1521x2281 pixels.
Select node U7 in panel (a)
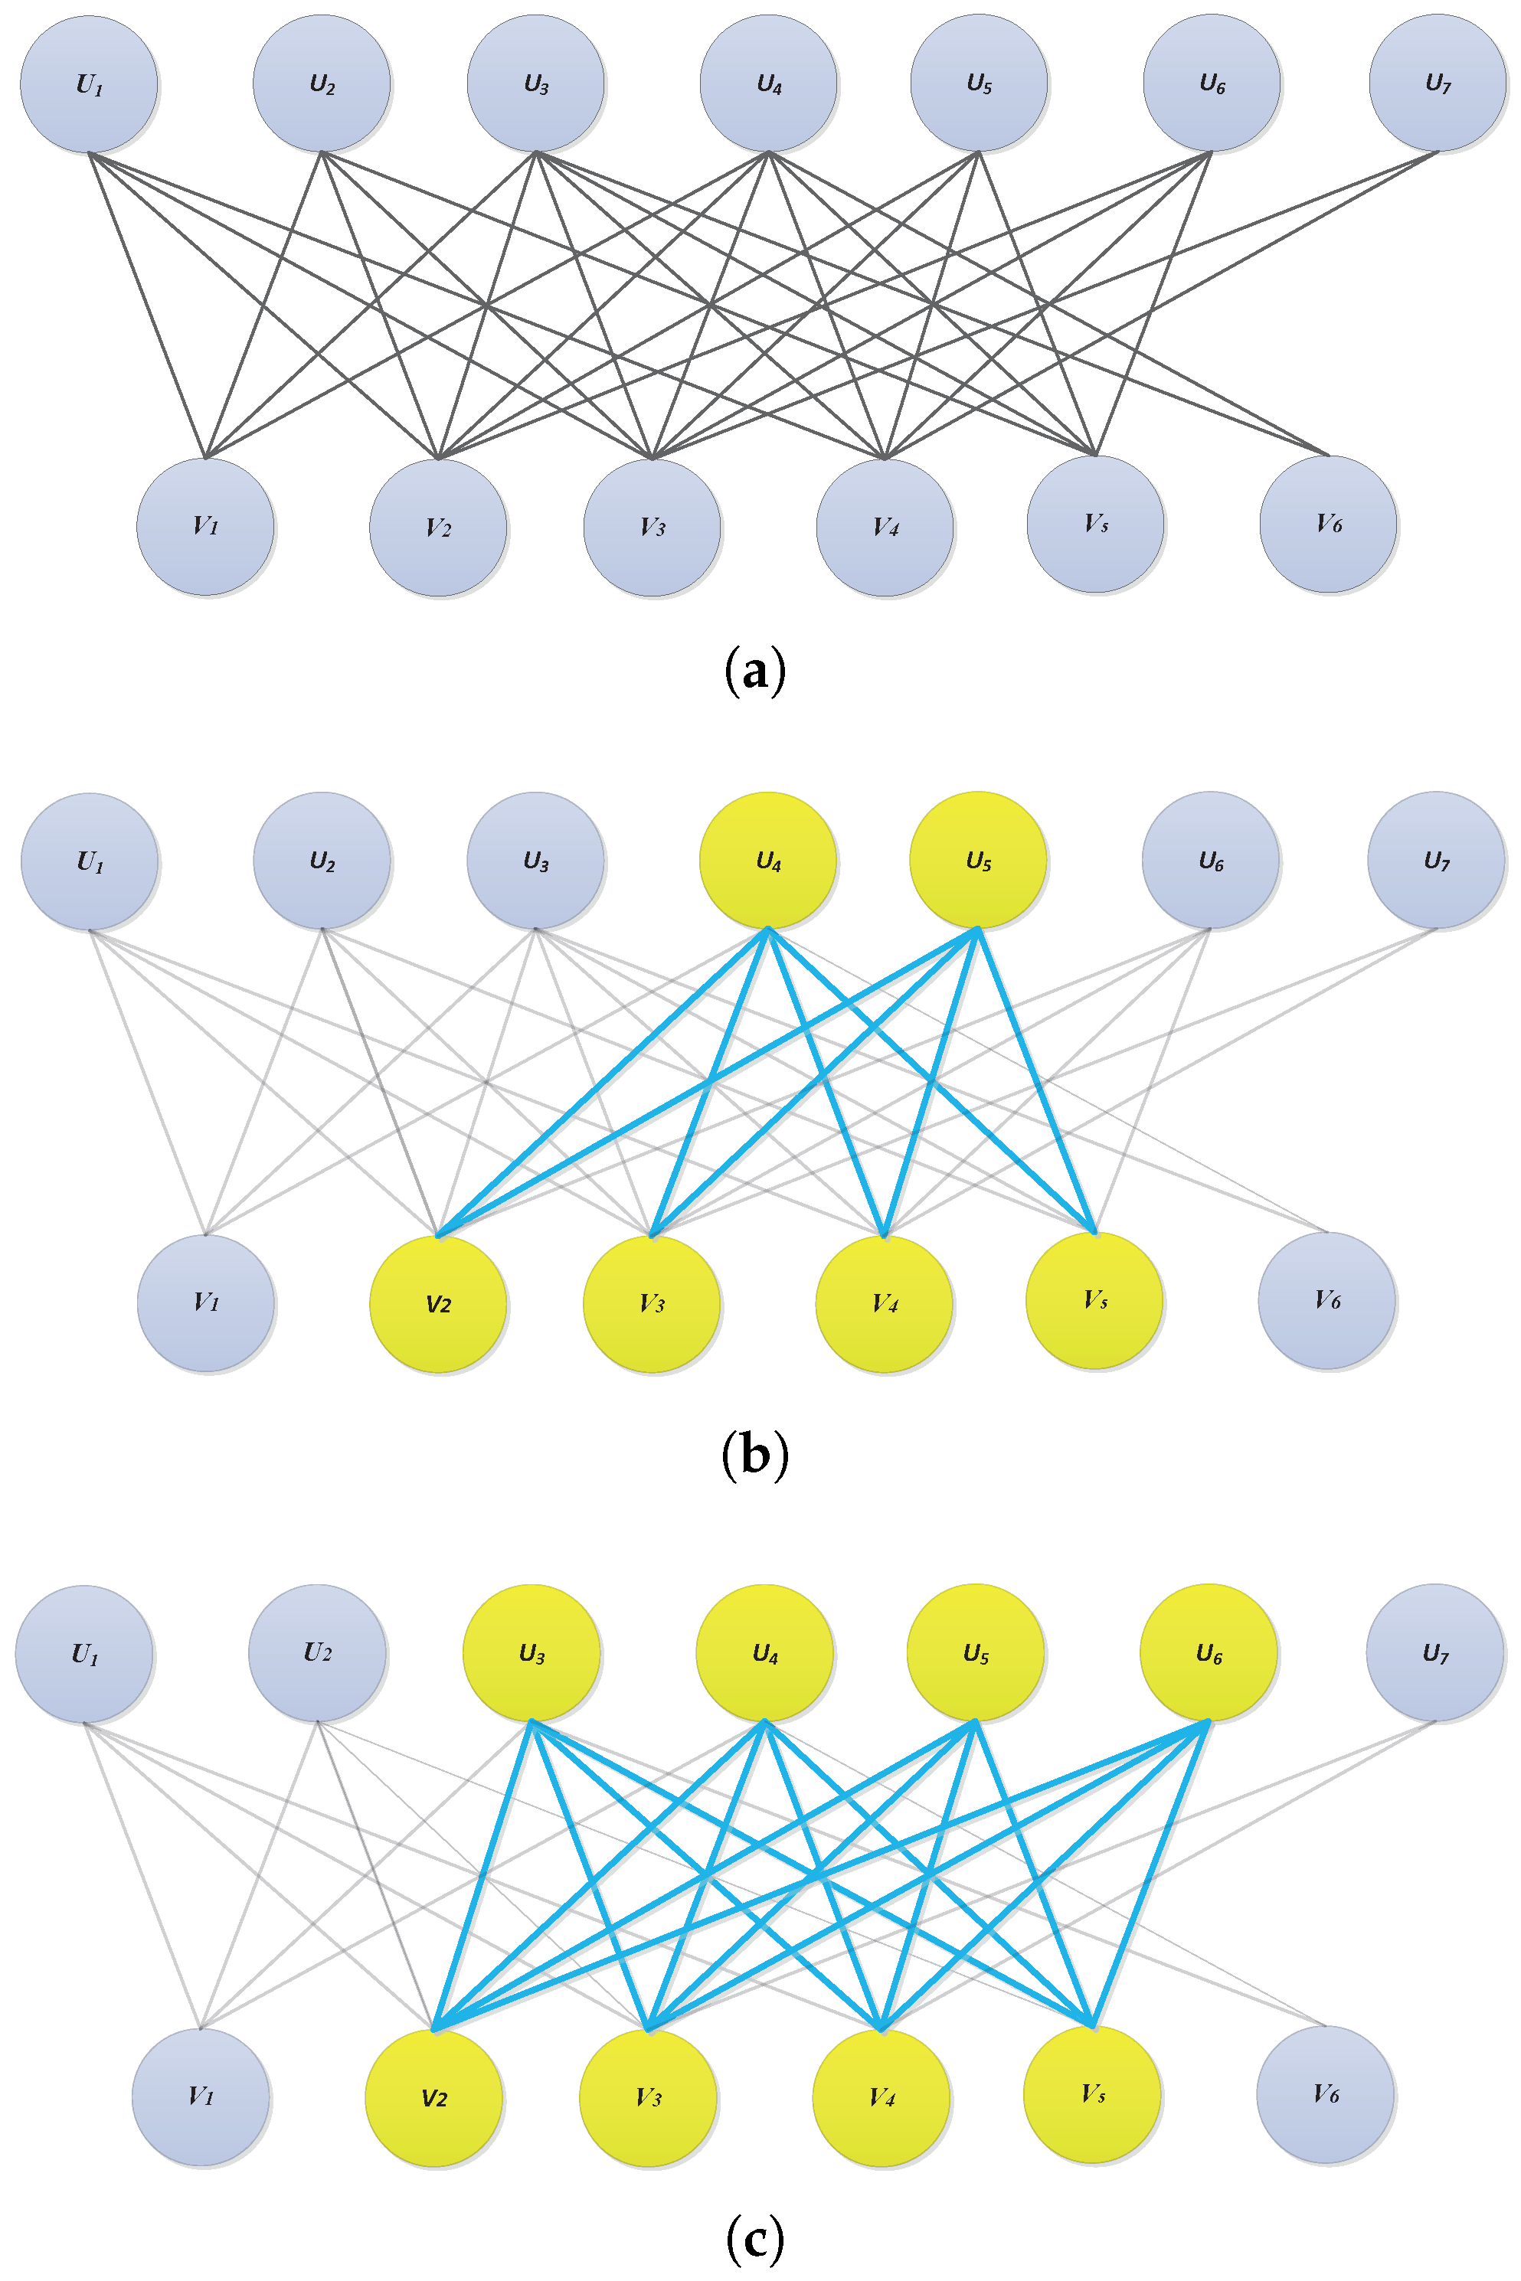coord(1437,83)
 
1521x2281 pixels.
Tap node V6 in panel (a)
coord(1328,524)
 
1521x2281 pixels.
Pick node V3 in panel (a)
coord(652,527)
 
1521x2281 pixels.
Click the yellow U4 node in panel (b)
coord(767,860)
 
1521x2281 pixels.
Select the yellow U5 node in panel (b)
coord(978,860)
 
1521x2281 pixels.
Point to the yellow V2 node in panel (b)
coord(437,1303)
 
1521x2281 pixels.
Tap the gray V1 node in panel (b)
coord(206,1302)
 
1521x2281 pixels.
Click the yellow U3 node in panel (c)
coord(532,1654)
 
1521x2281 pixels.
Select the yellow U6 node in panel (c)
coord(1208,1654)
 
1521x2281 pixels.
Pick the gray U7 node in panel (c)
coord(1434,1654)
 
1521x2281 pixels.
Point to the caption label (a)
coord(754,671)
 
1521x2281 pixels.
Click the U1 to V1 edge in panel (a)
coord(148,305)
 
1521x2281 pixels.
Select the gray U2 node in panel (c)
coord(317,1654)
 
